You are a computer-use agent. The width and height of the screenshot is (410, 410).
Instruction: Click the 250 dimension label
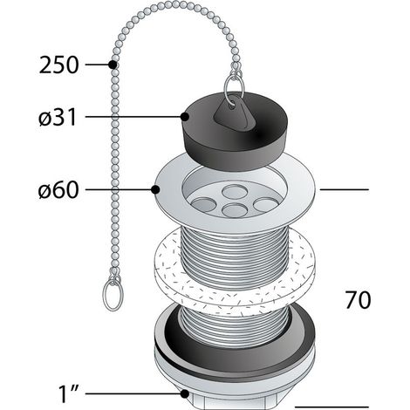point(58,65)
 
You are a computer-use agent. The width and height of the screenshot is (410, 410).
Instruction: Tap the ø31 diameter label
point(58,117)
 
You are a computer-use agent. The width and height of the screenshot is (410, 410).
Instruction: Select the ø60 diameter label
point(58,190)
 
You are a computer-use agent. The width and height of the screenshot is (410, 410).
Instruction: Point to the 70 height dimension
point(359,300)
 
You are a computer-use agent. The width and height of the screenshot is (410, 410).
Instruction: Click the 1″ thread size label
point(69,394)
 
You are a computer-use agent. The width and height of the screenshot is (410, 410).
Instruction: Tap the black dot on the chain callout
point(113,65)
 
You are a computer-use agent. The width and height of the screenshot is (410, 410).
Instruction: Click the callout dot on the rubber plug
point(185,117)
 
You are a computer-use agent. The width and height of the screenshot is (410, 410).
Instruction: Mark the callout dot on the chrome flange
point(155,190)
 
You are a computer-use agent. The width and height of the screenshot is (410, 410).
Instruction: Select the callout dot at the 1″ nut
point(185,394)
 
